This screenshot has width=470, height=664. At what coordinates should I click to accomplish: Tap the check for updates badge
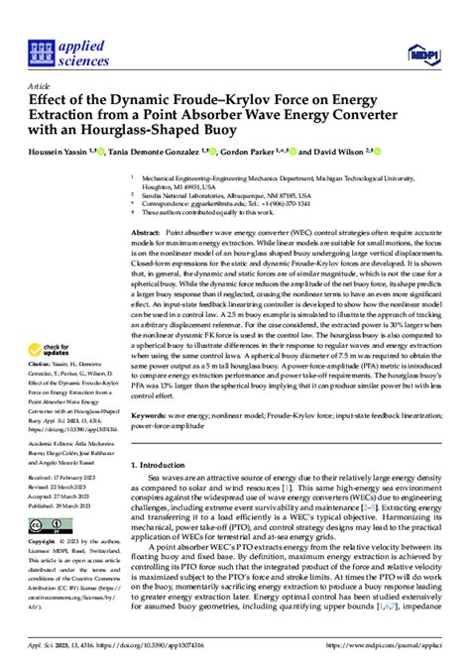click(55, 351)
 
